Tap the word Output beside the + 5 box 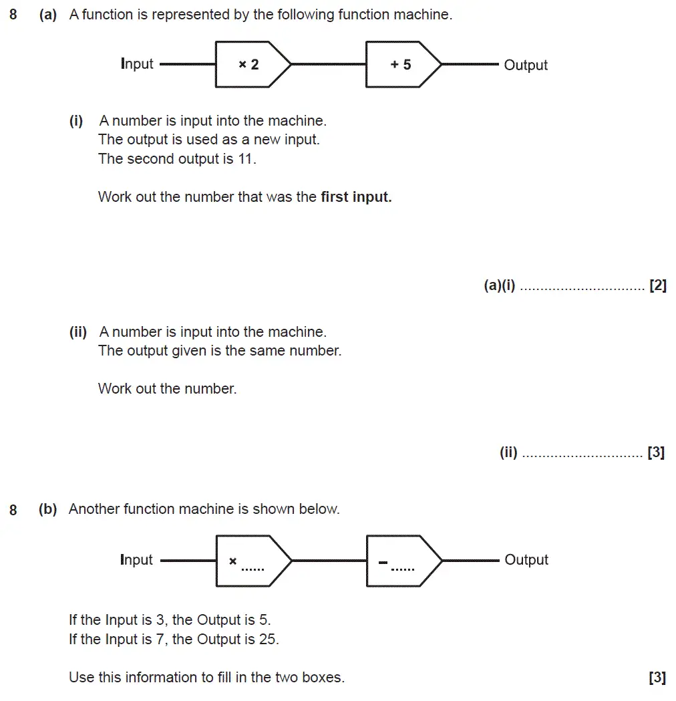coord(526,65)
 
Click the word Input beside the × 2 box coord(137,64)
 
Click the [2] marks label coord(657,286)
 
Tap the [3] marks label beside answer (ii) coord(656,452)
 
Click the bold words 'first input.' coord(356,197)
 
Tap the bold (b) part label coord(48,509)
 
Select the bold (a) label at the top coord(48,15)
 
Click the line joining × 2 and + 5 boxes coord(329,65)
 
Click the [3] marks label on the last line coord(657,678)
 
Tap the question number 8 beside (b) coord(13,511)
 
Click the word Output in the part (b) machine coord(526,560)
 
